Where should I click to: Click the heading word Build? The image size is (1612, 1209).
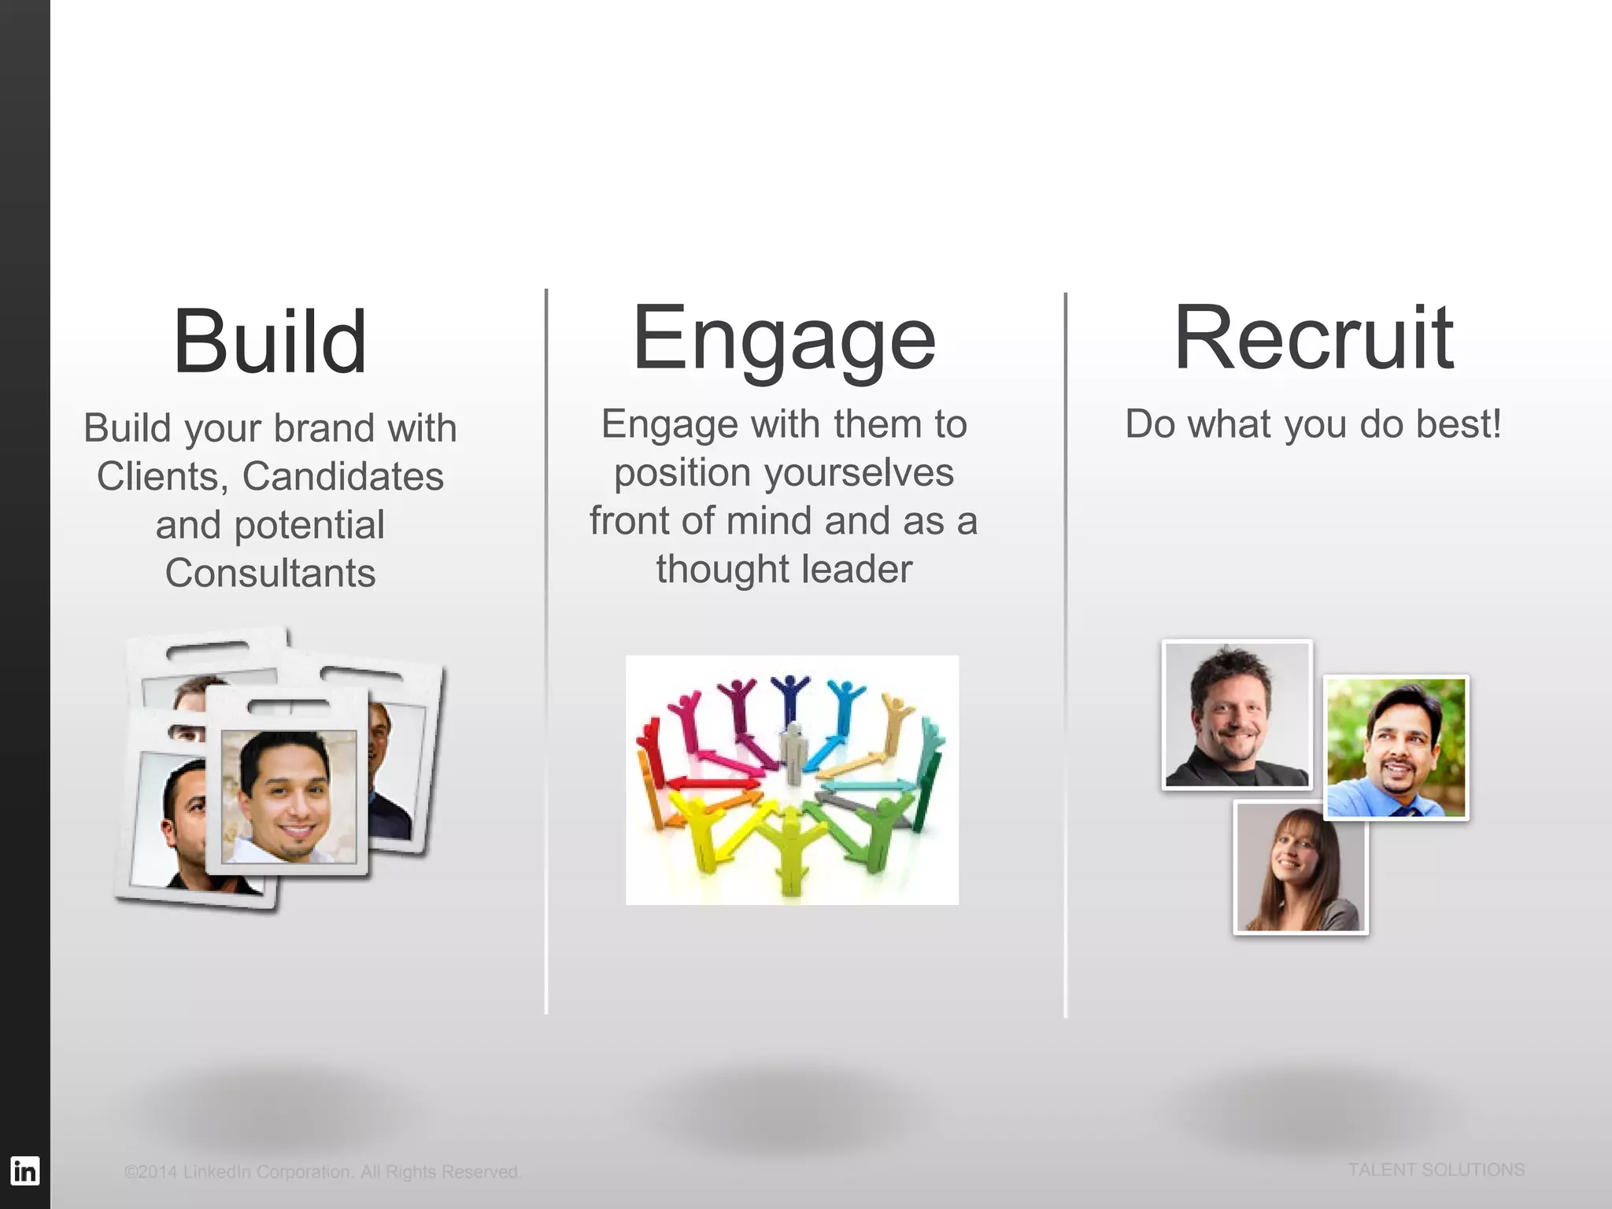coord(270,342)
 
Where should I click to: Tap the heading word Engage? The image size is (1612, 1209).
coord(784,338)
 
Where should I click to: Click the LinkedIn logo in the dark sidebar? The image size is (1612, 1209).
coord(24,1170)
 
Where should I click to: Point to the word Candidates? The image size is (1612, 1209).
coord(342,476)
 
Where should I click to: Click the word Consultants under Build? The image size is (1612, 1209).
coord(270,573)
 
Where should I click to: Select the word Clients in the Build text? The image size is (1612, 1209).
coord(157,476)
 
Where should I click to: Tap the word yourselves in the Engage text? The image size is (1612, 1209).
coord(859,473)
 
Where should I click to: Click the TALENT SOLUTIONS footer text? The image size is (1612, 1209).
coord(1436,1170)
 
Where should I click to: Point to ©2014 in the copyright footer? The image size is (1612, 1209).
coord(150,1172)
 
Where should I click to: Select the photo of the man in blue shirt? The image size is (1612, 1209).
coord(1396,748)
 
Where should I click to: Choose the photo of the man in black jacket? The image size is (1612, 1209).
coord(1237,715)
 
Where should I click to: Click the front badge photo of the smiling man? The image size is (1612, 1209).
coord(288,796)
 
